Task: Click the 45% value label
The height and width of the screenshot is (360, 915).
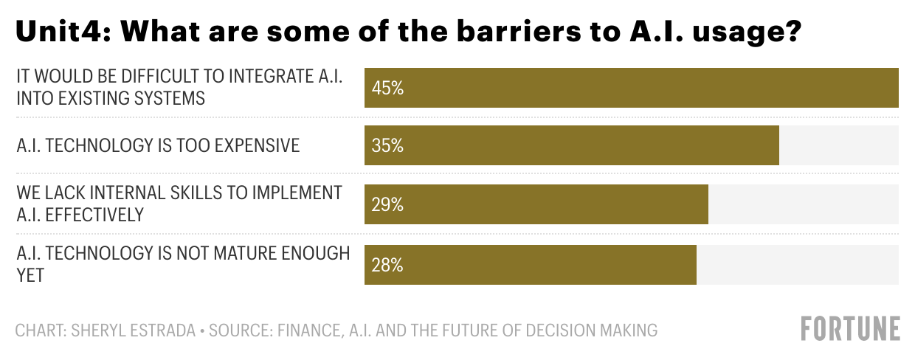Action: coord(387,89)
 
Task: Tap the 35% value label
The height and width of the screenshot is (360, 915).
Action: coord(387,146)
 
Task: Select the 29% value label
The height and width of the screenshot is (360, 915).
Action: coord(387,205)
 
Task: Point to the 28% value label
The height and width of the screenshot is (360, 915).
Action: coord(387,265)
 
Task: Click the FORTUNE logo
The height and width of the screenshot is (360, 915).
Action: coord(851,329)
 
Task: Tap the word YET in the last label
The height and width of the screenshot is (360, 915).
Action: coord(30,275)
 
